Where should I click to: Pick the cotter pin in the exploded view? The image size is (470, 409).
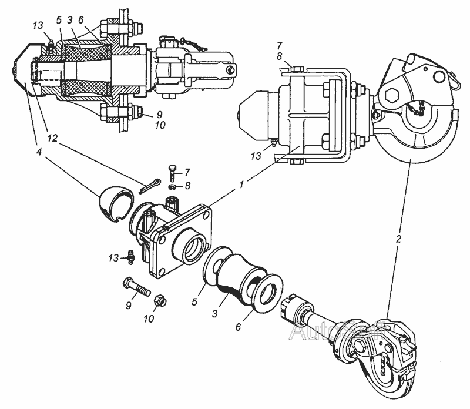[x=152, y=185]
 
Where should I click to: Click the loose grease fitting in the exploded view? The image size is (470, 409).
[x=130, y=256]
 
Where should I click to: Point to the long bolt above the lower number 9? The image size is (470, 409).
[x=139, y=290]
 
